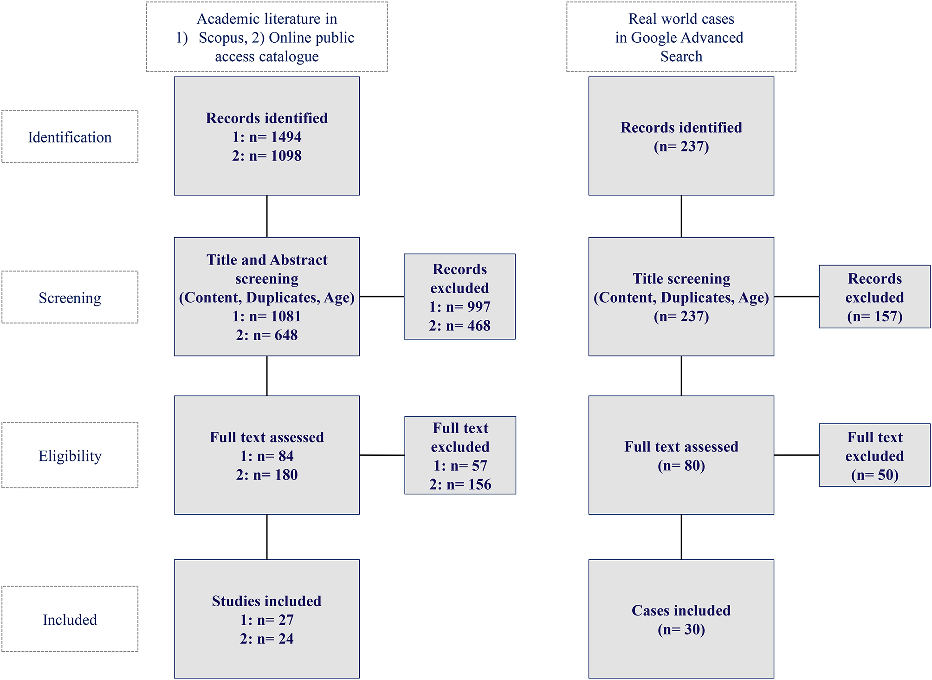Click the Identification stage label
pyautogui.click(x=70, y=137)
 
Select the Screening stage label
pyautogui.click(x=70, y=298)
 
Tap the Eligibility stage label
pyautogui.click(x=70, y=456)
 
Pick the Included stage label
pyautogui.click(x=70, y=620)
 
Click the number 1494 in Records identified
pyautogui.click(x=286, y=137)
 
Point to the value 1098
pyautogui.click(x=286, y=156)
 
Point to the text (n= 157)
pyautogui.click(x=874, y=317)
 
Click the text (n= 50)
pyautogui.click(x=874, y=475)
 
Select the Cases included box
pyautogui.click(x=681, y=619)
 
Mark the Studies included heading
pyautogui.click(x=266, y=601)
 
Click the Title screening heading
pyautogui.click(x=681, y=278)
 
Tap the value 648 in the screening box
pyautogui.click(x=286, y=335)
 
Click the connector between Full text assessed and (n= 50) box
pyautogui.click(x=796, y=455)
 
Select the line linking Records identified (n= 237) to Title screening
pyautogui.click(x=681, y=216)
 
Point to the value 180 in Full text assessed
pyautogui.click(x=286, y=475)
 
